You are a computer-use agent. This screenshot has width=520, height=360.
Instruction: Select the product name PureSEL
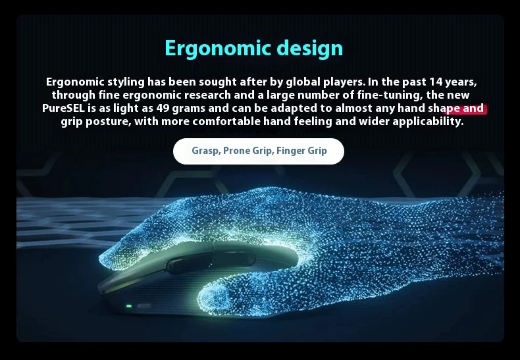63,108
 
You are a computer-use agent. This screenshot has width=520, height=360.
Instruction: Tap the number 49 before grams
163,108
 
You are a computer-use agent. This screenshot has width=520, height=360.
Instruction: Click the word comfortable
226,121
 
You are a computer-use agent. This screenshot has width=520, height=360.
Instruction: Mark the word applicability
428,122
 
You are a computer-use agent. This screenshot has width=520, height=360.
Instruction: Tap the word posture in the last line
109,122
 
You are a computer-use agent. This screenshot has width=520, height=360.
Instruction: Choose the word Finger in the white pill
290,151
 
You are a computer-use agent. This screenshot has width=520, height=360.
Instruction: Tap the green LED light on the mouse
129,306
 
